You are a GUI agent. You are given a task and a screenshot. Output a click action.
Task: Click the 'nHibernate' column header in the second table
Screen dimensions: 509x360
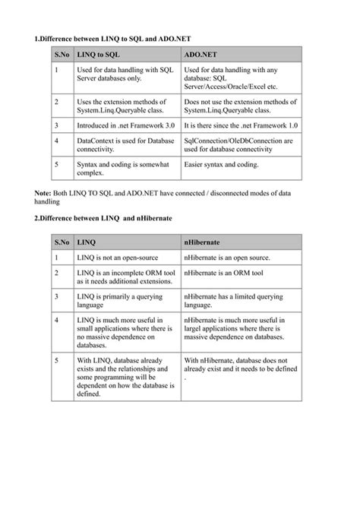204,242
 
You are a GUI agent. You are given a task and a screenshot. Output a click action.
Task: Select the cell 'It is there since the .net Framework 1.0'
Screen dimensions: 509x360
242,124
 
